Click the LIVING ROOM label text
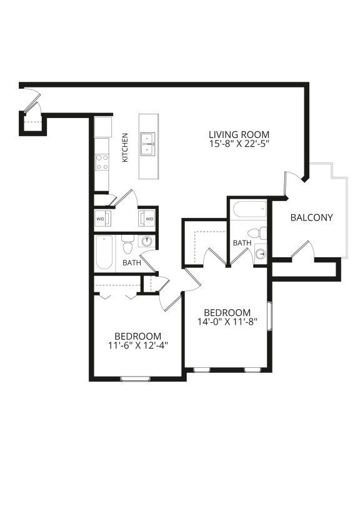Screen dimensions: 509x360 [x=239, y=134]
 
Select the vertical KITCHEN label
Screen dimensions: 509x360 [x=125, y=147]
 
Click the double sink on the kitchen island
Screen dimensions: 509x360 [x=148, y=143]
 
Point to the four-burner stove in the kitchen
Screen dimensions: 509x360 [x=102, y=162]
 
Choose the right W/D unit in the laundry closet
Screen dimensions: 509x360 [x=149, y=219]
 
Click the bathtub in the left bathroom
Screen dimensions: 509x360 [x=104, y=253]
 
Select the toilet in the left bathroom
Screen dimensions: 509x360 [x=128, y=241]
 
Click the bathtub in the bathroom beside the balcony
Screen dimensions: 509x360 [x=248, y=209]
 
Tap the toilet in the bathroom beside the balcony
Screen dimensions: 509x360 [x=262, y=234]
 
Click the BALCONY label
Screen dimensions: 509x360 [x=311, y=218]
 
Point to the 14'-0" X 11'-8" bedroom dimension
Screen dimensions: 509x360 [x=227, y=323]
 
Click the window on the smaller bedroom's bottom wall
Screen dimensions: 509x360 [x=135, y=378]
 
